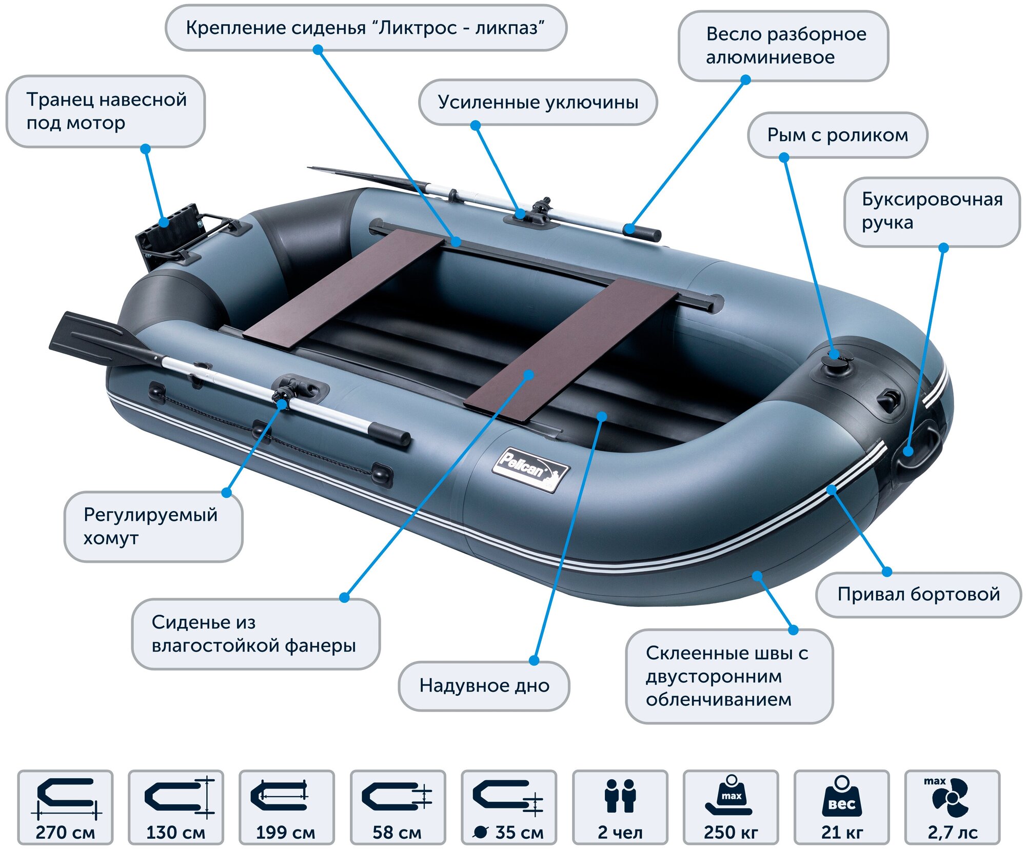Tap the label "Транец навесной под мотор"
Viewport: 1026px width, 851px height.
[106, 111]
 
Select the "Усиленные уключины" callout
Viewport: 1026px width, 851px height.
[538, 102]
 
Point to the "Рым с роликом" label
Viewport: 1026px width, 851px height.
[837, 135]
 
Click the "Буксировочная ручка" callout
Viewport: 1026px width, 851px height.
[932, 211]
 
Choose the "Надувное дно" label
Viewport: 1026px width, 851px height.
[484, 685]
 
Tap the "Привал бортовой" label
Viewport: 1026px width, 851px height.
[918, 594]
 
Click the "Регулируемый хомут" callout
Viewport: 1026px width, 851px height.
[153, 526]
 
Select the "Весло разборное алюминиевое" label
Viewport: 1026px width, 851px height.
[783, 46]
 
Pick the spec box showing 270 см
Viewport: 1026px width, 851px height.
[65, 807]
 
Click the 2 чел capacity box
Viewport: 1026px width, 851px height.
[620, 807]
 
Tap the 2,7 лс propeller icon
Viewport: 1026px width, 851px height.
[951, 797]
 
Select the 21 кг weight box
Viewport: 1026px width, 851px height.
[841, 807]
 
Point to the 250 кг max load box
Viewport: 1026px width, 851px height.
[731, 807]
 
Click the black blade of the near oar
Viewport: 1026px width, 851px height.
[92, 339]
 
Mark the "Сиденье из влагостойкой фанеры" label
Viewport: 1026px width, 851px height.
[255, 634]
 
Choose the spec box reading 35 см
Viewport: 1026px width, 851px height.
[508, 807]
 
